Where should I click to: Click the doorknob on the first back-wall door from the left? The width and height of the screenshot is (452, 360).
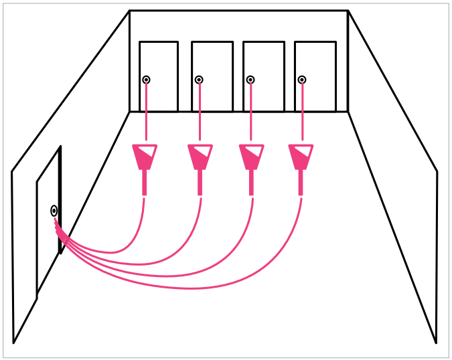(x=146, y=80)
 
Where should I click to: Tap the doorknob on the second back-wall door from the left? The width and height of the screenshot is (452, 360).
(x=199, y=80)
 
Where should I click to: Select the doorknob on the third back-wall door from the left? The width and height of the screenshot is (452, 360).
(x=250, y=80)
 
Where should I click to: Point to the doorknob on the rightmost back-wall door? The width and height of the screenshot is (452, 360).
(x=302, y=80)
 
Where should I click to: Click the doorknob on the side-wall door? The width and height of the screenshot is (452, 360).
(x=54, y=211)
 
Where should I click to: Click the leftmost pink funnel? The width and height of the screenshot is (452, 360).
(x=145, y=157)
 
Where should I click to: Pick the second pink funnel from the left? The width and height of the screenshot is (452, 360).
(x=200, y=157)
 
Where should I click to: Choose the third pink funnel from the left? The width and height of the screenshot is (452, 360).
(x=251, y=157)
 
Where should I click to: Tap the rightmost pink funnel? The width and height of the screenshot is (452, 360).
(x=301, y=157)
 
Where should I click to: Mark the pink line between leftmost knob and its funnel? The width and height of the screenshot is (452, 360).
(x=146, y=114)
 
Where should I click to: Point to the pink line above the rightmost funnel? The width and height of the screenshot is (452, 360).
(x=302, y=114)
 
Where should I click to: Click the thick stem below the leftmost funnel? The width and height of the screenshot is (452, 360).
(x=145, y=183)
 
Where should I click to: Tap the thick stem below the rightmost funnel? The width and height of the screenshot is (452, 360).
(x=301, y=183)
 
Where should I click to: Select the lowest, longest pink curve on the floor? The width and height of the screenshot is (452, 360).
(x=194, y=288)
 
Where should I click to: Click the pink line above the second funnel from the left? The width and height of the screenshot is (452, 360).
(x=200, y=114)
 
